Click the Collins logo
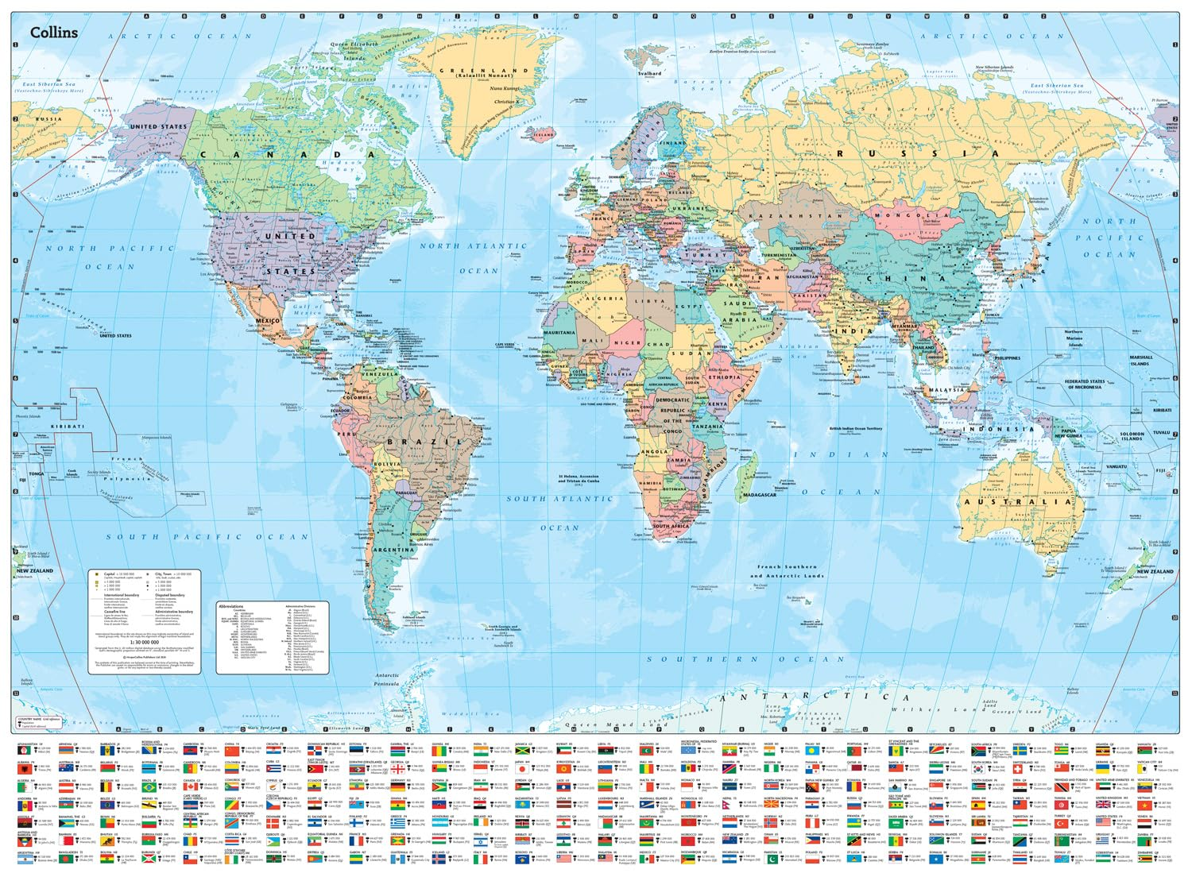tap(54, 32)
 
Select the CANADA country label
tap(286, 155)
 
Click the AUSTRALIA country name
tap(1018, 502)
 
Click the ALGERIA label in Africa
tap(606, 299)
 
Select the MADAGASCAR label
tap(759, 495)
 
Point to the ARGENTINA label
tap(394, 550)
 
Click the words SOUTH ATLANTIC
tap(560, 499)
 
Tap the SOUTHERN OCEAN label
tap(745, 659)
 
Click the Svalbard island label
tap(649, 73)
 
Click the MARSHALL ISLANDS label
tap(1140, 360)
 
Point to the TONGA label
tap(37, 473)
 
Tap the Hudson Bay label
tap(343, 165)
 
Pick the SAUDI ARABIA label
tap(739, 311)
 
